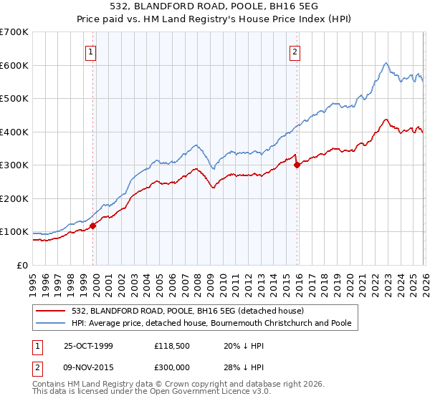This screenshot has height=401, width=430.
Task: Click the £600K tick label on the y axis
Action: click(x=14, y=65)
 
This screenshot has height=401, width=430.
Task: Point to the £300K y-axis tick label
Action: click(x=14, y=165)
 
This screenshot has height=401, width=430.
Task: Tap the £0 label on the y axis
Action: click(x=21, y=266)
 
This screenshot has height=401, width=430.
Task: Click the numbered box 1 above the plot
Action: click(x=92, y=51)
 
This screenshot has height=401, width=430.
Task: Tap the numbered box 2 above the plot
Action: click(x=295, y=51)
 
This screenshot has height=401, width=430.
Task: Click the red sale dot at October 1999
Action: click(x=93, y=226)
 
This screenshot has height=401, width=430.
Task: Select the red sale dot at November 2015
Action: click(x=297, y=165)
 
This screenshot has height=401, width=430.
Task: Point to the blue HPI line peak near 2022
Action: click(x=386, y=63)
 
